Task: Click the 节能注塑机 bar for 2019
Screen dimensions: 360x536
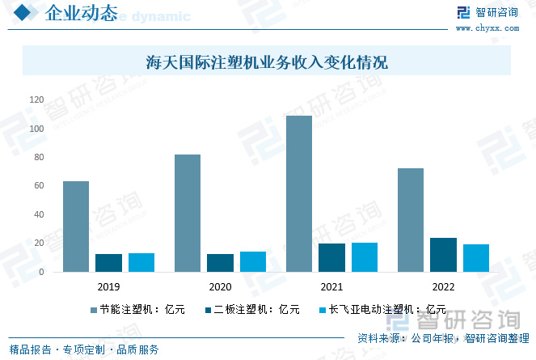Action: pyautogui.click(x=76, y=227)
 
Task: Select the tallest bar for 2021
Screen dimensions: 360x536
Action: pyautogui.click(x=299, y=194)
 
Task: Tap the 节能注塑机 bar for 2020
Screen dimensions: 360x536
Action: pyautogui.click(x=188, y=213)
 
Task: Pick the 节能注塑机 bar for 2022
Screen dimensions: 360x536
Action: pyautogui.click(x=411, y=220)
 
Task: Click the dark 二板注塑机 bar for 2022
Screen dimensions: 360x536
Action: pyautogui.click(x=443, y=255)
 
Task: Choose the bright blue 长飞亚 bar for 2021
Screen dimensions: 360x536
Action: pyautogui.click(x=365, y=257)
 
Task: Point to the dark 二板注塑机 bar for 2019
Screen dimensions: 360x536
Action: pyautogui.click(x=108, y=263)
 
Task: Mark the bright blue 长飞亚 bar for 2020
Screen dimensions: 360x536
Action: pyautogui.click(x=253, y=262)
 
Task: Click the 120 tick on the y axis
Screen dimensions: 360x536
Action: pyautogui.click(x=36, y=100)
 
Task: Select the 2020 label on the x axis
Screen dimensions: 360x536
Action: pyautogui.click(x=220, y=287)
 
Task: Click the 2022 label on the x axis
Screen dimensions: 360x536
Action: pyautogui.click(x=443, y=287)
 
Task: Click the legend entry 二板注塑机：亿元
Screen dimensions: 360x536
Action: pyautogui.click(x=251, y=309)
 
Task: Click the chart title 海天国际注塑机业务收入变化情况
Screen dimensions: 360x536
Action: pyautogui.click(x=267, y=61)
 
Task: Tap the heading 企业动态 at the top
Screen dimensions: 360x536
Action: pyautogui.click(x=81, y=14)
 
